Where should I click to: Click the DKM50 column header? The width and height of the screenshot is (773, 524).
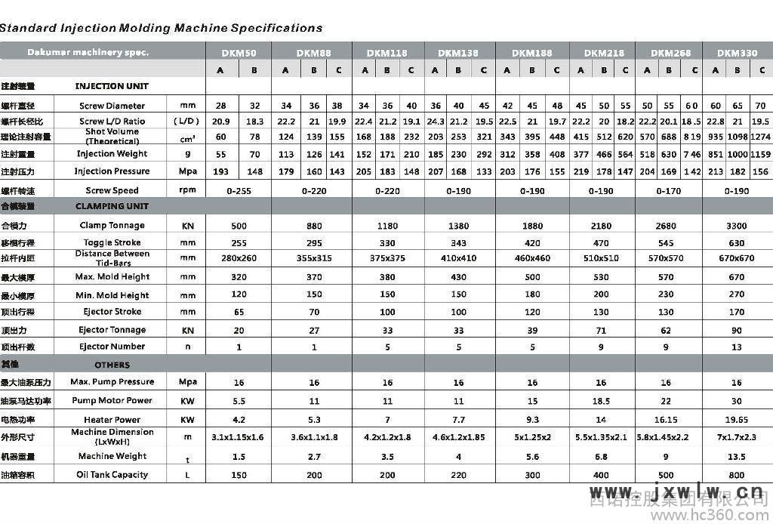click(x=239, y=54)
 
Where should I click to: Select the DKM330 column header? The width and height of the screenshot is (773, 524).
click(x=737, y=54)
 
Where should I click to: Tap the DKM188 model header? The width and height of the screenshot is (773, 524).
click(x=531, y=54)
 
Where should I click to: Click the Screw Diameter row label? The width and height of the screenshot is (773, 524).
click(x=112, y=106)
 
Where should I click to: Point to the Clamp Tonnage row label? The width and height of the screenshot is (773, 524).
click(x=112, y=225)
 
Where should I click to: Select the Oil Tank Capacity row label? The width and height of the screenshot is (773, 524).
click(x=112, y=475)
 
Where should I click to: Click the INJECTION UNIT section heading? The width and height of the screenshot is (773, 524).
click(x=112, y=86)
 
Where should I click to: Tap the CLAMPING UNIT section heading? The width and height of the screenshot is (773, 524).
click(x=112, y=206)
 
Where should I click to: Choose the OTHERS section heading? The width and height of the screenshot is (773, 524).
click(x=112, y=365)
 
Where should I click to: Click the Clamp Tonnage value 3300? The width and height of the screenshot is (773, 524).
click(x=736, y=225)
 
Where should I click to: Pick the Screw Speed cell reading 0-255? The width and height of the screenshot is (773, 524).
click(x=239, y=191)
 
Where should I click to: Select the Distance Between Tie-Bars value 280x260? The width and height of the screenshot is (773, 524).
click(x=239, y=258)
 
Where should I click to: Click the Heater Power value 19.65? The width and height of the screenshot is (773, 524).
click(x=736, y=419)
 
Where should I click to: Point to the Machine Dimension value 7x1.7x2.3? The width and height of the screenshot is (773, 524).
click(x=736, y=437)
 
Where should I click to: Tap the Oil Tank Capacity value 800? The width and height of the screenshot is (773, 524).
click(x=736, y=475)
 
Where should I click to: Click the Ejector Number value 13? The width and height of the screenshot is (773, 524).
click(x=736, y=347)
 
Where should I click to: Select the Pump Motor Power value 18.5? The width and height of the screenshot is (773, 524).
click(x=601, y=400)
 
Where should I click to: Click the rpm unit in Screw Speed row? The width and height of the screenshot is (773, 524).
click(x=187, y=190)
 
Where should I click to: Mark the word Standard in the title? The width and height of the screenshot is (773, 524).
click(x=28, y=29)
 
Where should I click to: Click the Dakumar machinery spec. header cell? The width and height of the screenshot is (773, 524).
click(x=88, y=53)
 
